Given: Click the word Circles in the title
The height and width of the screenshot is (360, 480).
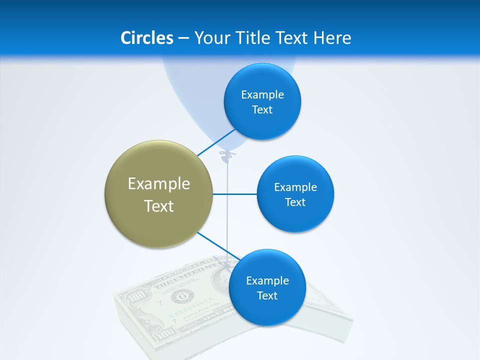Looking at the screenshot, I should (146, 38).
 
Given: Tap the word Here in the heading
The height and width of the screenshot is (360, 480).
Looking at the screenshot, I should (332, 38).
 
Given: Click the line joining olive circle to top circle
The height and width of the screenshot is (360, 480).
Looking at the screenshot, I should (216, 142).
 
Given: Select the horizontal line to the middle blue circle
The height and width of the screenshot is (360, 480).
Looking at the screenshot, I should (235, 194).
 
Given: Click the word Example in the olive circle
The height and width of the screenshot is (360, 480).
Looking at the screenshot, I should (159, 183).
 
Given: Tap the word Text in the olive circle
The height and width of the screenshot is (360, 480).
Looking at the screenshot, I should (159, 205).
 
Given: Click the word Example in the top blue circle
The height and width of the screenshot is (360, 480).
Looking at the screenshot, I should (262, 94).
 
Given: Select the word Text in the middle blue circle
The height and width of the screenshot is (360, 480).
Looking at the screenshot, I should (295, 202).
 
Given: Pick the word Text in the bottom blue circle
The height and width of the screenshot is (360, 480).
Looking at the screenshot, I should (267, 295).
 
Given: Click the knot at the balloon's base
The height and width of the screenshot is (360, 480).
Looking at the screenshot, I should (227, 155).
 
